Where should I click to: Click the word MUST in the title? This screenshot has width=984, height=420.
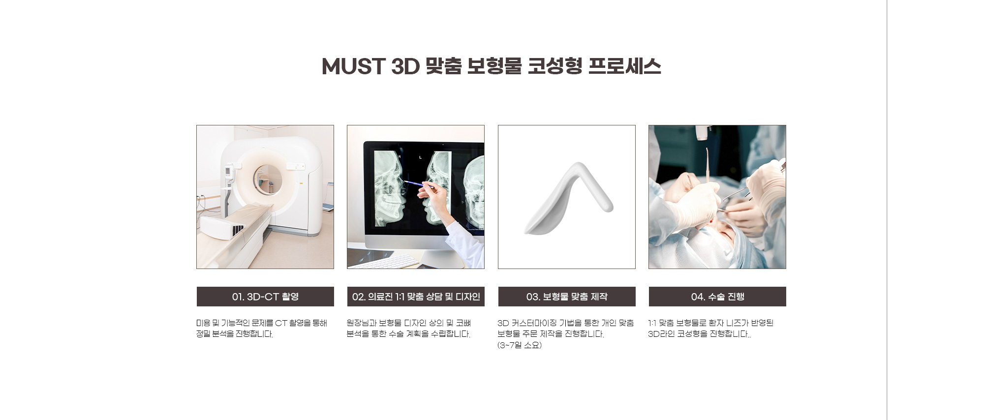pos(353,66)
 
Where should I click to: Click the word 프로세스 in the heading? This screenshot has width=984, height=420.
pos(624,66)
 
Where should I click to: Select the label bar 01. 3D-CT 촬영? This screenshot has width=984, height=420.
pos(265,297)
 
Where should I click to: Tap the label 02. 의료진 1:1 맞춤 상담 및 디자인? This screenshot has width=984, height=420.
pos(416,297)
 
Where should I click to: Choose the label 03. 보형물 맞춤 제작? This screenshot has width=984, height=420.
pos(567,297)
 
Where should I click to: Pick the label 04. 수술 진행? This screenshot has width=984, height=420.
pos(717,297)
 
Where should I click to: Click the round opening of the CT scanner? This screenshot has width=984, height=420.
pos(268,180)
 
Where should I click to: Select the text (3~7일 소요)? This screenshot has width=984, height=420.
pos(520,345)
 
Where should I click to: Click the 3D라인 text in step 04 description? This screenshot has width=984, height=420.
pos(661,334)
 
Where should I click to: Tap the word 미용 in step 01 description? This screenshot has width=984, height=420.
pos(204,323)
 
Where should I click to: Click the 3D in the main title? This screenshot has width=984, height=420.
pos(405,66)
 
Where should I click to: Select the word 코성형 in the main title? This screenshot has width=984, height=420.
pos(555,66)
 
